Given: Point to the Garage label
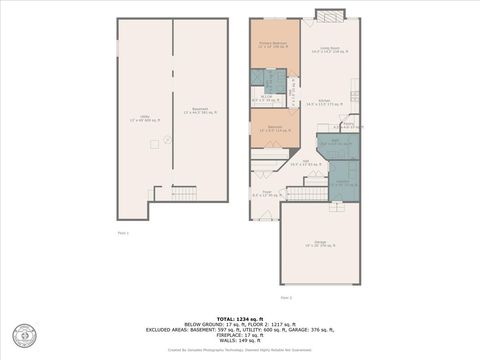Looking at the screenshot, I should [321, 243].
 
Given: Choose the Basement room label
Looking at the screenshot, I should [199, 111].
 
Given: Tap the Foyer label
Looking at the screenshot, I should [267, 193].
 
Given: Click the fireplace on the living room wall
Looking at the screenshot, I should [330, 14].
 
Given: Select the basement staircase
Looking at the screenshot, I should [184, 191].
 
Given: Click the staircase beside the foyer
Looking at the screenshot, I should [307, 193].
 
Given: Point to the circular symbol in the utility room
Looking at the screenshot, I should [167, 139].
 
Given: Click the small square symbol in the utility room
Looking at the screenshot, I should [153, 143].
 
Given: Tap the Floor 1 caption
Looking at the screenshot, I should [123, 232].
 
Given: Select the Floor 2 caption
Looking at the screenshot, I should [286, 297].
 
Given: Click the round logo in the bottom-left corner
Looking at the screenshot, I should [22, 335].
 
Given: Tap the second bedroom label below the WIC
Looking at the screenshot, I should [267, 128].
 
